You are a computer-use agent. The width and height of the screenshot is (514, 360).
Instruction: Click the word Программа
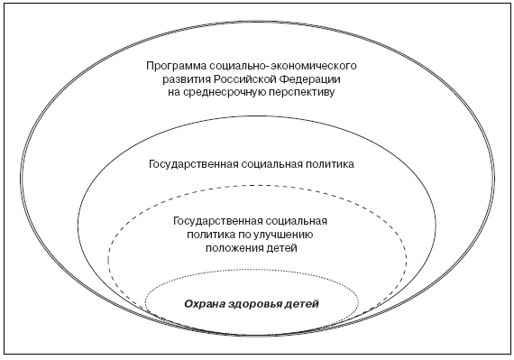click(176, 67)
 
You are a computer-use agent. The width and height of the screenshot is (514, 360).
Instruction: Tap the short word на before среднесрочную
click(174, 93)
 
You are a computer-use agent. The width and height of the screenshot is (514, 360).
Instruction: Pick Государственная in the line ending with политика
click(193, 164)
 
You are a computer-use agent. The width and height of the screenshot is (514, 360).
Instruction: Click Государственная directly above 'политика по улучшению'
click(218, 221)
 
